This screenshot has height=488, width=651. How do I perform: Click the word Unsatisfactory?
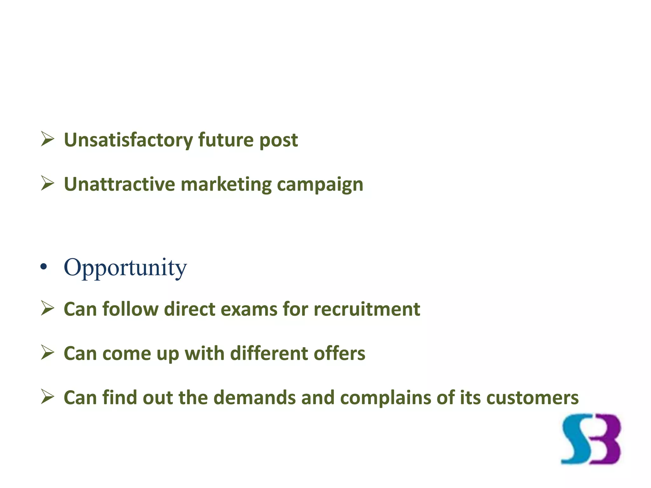coord(128,140)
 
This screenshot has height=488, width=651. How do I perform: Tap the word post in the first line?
coord(278,140)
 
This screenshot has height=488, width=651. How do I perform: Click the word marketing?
coord(226,185)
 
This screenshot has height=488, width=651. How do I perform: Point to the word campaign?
coord(320,185)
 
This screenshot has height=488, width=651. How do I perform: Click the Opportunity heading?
coord(125,268)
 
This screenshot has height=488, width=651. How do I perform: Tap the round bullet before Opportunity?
coord(44,267)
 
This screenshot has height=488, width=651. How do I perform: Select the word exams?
coord(249,309)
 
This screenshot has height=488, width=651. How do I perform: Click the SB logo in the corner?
coord(591,439)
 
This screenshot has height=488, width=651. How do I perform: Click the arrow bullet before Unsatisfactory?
coord(47,139)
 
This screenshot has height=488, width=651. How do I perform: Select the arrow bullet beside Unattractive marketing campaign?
coord(47,184)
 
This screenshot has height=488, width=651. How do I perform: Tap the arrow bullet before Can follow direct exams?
coord(47,309)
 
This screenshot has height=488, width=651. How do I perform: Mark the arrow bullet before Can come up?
coord(47,353)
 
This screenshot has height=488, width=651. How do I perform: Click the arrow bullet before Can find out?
coord(47,397)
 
